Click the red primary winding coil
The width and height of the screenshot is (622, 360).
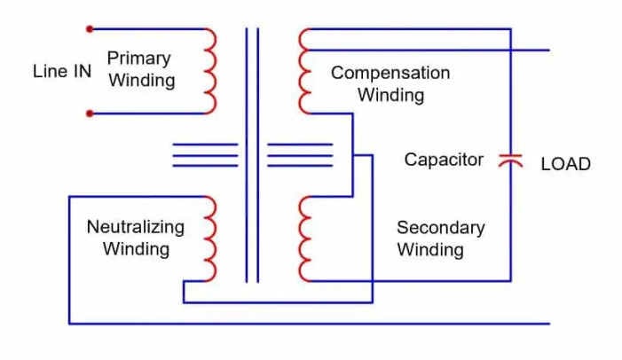[209, 71]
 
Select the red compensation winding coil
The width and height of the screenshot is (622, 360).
[305, 71]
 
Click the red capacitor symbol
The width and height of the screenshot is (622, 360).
[510, 160]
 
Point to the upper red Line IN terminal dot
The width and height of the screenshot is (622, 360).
[90, 29]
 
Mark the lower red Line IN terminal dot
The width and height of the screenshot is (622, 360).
[90, 113]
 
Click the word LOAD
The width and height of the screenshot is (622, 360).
[565, 164]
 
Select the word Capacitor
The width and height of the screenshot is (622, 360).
[444, 160]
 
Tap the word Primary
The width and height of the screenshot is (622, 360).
[138, 59]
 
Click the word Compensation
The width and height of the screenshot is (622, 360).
[390, 73]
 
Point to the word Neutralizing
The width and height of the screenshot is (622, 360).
[135, 227]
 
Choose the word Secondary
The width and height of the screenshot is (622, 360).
[440, 228]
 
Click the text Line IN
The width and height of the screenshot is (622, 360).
[61, 71]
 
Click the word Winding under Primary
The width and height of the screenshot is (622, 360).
[140, 80]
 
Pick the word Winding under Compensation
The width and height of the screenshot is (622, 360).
[390, 94]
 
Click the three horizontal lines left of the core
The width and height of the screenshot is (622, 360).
[205, 154]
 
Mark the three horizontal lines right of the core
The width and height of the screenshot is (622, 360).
[300, 154]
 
